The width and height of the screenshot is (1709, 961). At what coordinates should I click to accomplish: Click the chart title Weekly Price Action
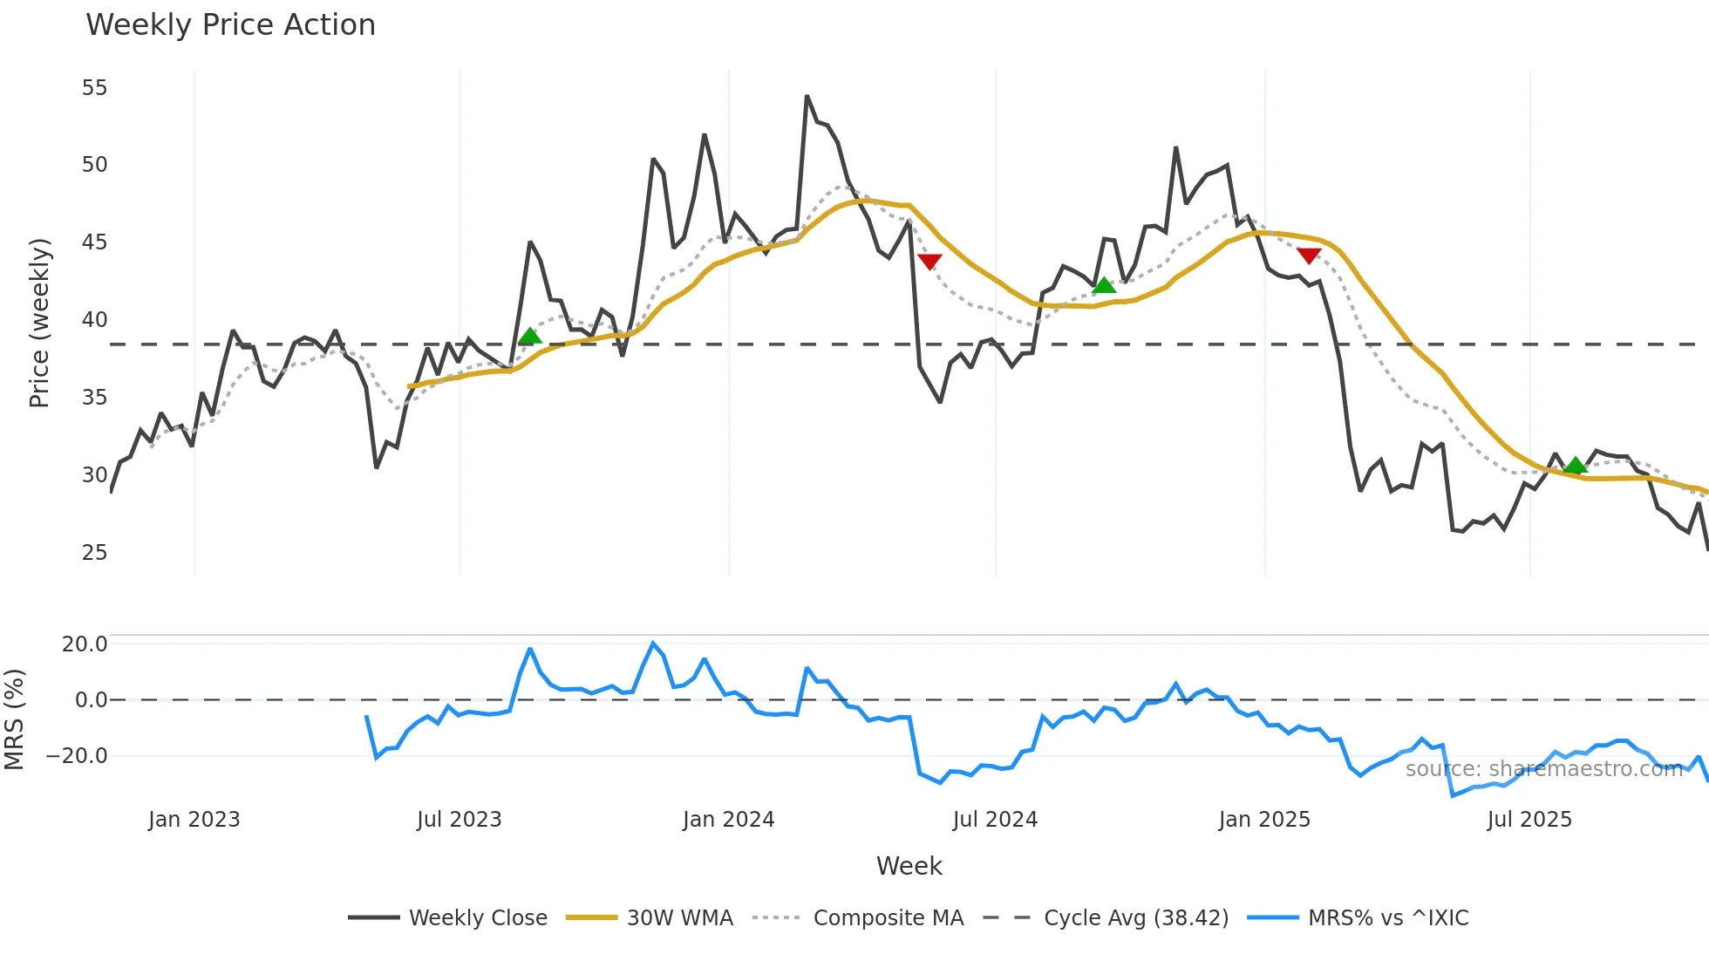pyautogui.click(x=230, y=24)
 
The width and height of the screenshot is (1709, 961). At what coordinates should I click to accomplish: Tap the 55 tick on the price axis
pyautogui.click(x=94, y=88)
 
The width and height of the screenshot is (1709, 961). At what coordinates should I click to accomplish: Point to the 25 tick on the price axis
pyautogui.click(x=94, y=553)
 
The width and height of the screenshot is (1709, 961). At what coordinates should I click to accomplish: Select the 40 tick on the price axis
pyautogui.click(x=94, y=320)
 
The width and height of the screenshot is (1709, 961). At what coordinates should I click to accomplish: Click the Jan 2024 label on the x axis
pyautogui.click(x=728, y=820)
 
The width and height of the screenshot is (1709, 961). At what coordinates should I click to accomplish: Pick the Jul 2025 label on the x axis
pyautogui.click(x=1529, y=820)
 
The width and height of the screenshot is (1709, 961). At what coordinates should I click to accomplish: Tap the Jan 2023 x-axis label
pyautogui.click(x=194, y=820)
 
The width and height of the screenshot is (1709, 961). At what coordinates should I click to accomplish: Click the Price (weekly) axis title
pyautogui.click(x=39, y=323)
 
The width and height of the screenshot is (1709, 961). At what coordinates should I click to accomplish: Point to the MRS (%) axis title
pyautogui.click(x=14, y=719)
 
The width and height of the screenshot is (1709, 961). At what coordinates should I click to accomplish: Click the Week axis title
pyautogui.click(x=909, y=866)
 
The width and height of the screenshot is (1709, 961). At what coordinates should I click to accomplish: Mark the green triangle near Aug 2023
pyautogui.click(x=529, y=337)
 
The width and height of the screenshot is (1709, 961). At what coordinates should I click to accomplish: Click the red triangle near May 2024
pyautogui.click(x=929, y=261)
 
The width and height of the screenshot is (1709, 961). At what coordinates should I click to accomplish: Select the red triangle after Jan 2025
pyautogui.click(x=1308, y=255)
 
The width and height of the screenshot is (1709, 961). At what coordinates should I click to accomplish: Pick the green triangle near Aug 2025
pyautogui.click(x=1575, y=465)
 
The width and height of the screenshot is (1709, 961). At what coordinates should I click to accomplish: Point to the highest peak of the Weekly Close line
pyautogui.click(x=807, y=96)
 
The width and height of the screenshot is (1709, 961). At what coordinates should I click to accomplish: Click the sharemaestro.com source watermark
pyautogui.click(x=1543, y=769)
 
